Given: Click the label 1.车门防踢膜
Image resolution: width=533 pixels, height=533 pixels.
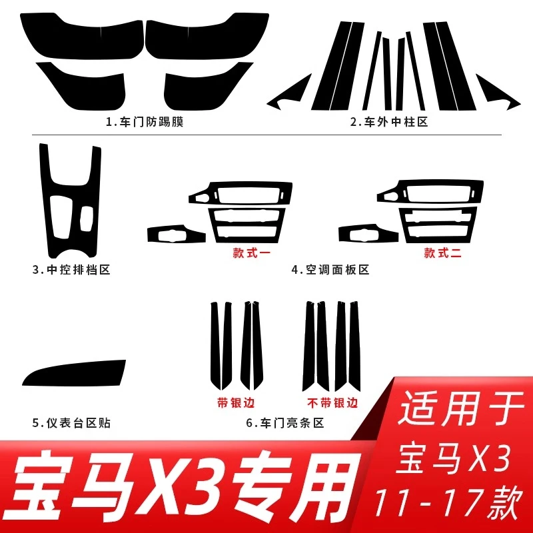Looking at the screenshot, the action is click(145, 122).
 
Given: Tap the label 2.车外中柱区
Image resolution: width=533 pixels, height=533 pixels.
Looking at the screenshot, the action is click(389, 122).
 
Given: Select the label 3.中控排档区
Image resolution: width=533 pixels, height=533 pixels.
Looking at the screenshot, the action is click(71, 270).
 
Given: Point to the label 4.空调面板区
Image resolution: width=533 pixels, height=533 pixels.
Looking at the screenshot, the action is click(330, 270).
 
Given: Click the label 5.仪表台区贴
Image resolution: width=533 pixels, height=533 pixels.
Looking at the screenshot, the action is click(71, 423).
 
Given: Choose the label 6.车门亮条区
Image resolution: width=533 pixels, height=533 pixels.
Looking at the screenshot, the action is click(285, 423).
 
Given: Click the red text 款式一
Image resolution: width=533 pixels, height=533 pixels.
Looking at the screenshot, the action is click(252, 253).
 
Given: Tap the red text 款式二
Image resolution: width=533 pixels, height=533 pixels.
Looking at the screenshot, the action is click(442, 253).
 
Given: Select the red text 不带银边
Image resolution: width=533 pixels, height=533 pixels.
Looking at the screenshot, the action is click(332, 403).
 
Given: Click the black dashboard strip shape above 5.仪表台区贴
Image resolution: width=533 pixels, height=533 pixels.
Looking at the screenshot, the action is click(74, 374).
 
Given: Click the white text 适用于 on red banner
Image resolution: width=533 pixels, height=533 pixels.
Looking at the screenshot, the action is click(460, 409).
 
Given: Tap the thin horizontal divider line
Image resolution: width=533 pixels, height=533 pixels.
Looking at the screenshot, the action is click(267, 135).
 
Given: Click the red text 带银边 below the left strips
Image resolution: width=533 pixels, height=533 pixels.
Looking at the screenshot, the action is click(236, 403).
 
